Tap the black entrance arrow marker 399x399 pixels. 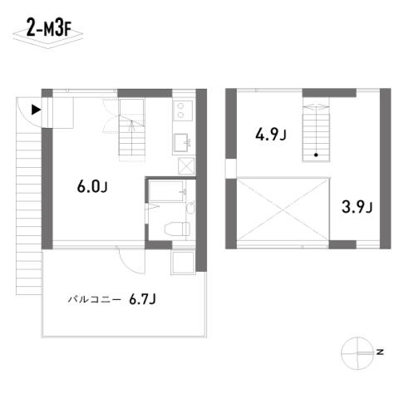[x=36, y=110]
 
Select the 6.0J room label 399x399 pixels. [x=92, y=187]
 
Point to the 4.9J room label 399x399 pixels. [x=270, y=135]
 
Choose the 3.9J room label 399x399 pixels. [x=357, y=207]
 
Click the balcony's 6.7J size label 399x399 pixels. [x=142, y=299]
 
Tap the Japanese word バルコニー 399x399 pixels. [x=95, y=299]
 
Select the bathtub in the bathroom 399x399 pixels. [x=166, y=191]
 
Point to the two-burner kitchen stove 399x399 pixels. [x=183, y=111]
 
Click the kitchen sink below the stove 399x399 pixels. [x=182, y=142]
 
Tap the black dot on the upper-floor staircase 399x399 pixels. [x=316, y=155]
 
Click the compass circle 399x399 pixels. [x=357, y=353]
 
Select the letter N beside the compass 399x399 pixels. [x=380, y=352]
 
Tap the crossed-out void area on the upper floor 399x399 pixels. [x=283, y=209]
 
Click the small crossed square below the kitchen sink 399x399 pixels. [x=186, y=166]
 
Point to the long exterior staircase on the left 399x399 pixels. [x=29, y=214]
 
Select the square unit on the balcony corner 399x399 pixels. [x=183, y=263]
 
